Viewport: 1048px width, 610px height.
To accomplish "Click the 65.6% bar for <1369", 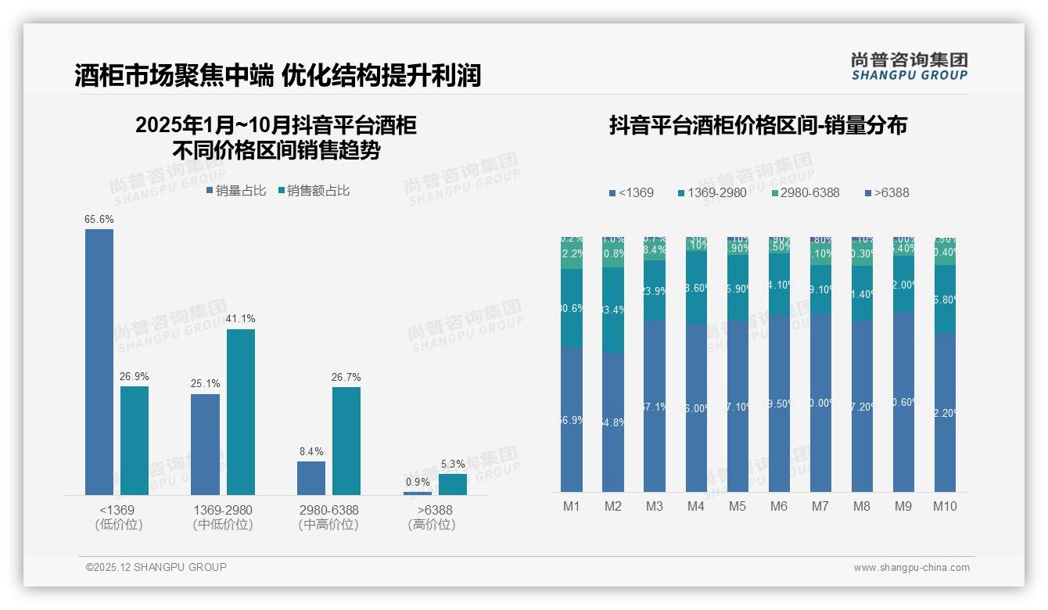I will tap(99, 361).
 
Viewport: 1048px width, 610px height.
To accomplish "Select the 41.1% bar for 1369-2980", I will tap(241, 411).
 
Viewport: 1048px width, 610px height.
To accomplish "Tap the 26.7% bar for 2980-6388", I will tap(346, 440).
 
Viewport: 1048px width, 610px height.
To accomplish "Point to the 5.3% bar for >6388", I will tap(453, 484).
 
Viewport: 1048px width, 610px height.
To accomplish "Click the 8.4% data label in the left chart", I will tap(310, 451).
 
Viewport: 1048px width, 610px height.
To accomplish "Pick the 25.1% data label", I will tap(205, 384).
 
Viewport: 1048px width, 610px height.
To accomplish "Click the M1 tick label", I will tap(572, 506).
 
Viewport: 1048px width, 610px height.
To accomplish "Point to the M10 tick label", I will tap(945, 506).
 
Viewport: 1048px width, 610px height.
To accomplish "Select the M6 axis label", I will tap(779, 506).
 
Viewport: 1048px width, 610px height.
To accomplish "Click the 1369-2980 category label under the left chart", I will tap(223, 510).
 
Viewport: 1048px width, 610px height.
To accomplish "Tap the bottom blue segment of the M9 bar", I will tap(903, 402).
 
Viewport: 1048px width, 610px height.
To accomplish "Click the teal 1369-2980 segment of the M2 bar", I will tap(613, 310).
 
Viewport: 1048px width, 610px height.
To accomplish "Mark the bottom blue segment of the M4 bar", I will tap(696, 407).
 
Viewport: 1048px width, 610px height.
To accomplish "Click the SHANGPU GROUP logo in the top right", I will tap(909, 66).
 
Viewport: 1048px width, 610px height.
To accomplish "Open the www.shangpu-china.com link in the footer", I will tap(911, 568).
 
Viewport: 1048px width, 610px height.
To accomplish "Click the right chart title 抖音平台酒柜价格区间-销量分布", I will tap(758, 125).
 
